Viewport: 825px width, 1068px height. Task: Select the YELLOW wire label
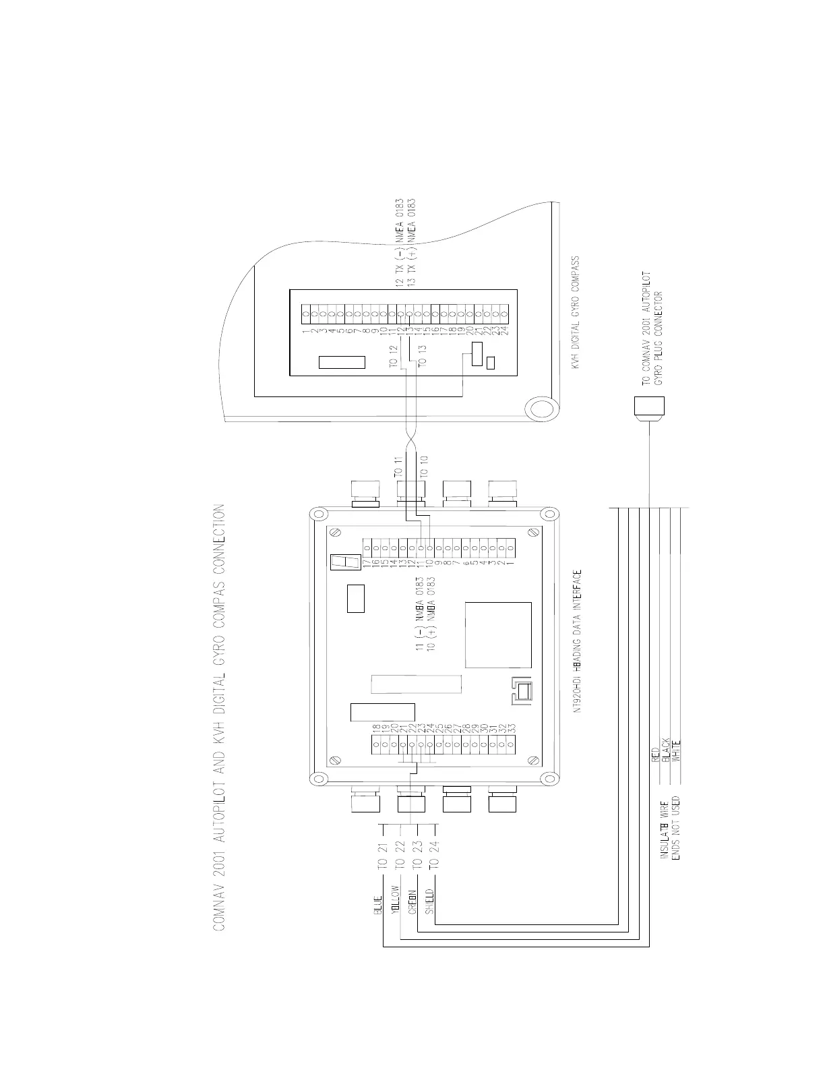click(x=396, y=900)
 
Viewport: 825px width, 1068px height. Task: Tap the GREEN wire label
click(x=413, y=901)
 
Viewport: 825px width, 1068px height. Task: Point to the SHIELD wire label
click(x=430, y=901)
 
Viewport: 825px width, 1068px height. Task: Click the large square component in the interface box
click(x=498, y=635)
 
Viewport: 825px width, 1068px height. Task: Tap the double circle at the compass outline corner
click(x=541, y=410)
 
